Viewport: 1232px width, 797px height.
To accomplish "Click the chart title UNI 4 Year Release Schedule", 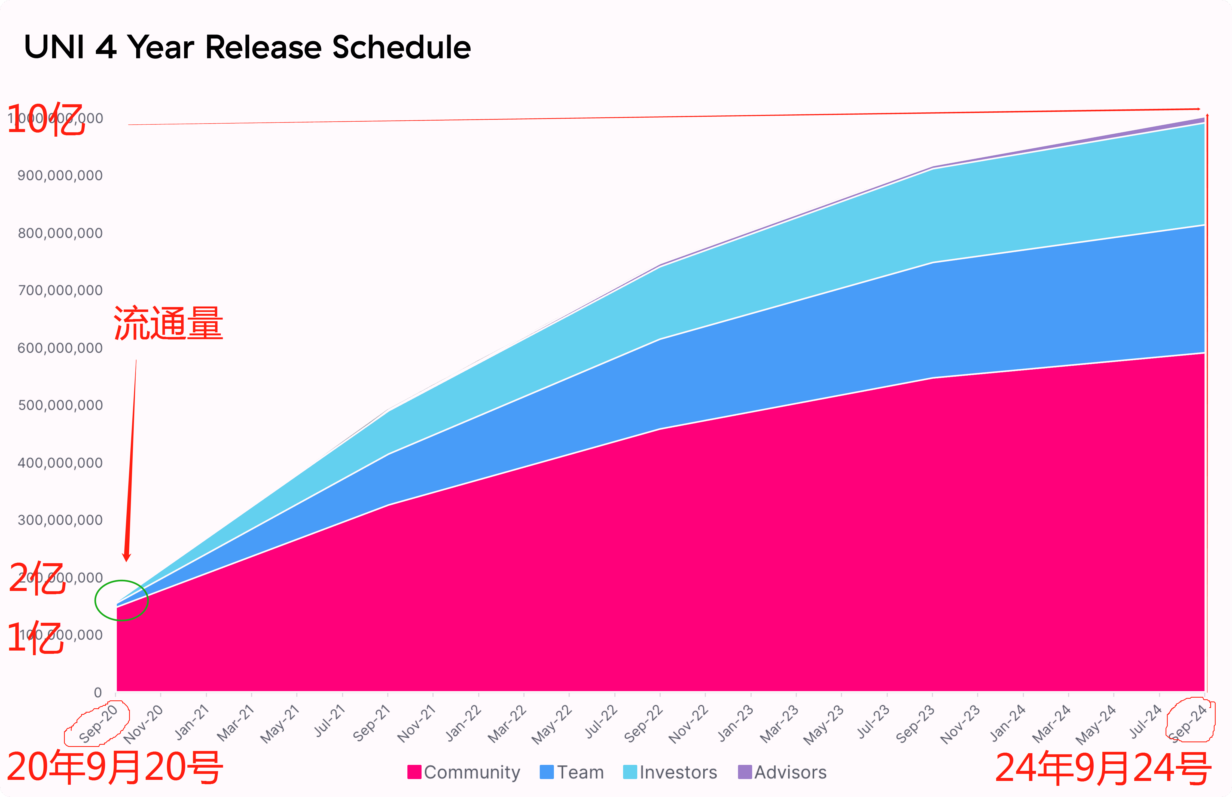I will click(x=248, y=48).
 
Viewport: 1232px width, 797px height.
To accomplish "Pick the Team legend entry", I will click(x=572, y=772).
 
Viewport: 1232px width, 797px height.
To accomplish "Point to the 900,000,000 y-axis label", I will click(x=60, y=176).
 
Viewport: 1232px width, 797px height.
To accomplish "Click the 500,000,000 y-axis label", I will click(x=60, y=405).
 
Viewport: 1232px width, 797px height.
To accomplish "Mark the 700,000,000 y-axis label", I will click(x=60, y=290).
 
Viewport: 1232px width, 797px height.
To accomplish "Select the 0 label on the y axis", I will click(x=97, y=692).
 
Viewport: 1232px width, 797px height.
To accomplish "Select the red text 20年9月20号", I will click(x=115, y=767).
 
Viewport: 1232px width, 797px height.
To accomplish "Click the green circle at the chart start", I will click(x=122, y=600).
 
